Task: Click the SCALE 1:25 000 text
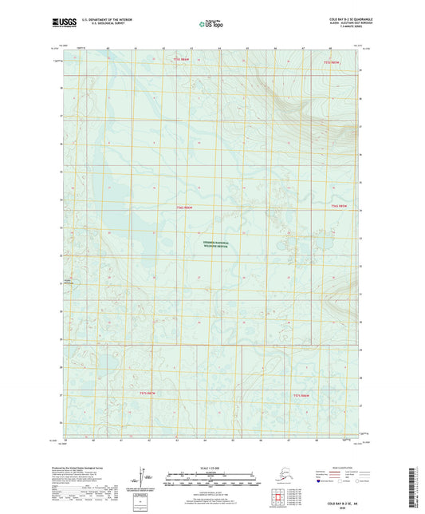(x=212, y=467)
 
